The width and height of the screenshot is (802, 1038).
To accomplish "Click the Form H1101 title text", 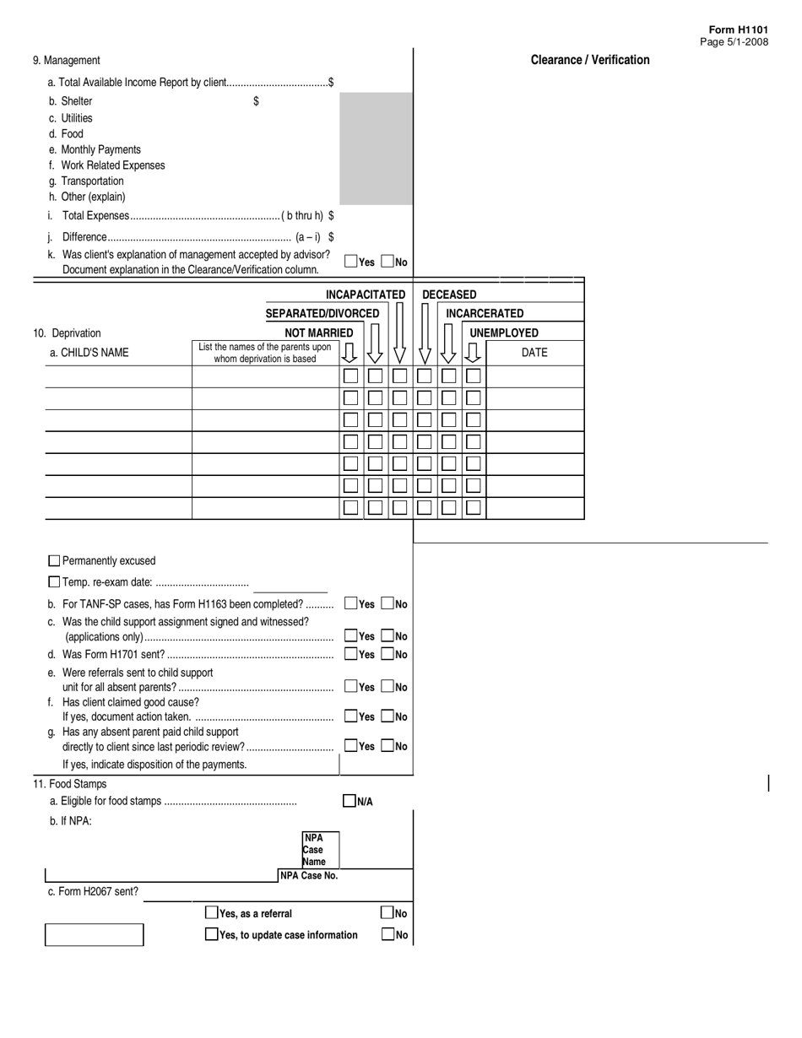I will pyautogui.click(x=738, y=30).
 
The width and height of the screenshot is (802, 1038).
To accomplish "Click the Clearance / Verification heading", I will pyautogui.click(x=590, y=60).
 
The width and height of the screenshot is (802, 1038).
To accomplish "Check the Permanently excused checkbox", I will pyautogui.click(x=55, y=560).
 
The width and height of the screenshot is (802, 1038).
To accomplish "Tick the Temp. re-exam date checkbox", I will pyautogui.click(x=55, y=581).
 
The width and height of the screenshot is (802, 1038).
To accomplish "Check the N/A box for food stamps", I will pyautogui.click(x=350, y=801).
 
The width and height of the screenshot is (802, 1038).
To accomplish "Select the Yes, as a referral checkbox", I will pyautogui.click(x=212, y=912).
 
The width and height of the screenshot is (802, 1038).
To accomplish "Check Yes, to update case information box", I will pyautogui.click(x=212, y=934).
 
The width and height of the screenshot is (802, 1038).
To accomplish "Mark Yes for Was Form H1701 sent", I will pyautogui.click(x=351, y=654).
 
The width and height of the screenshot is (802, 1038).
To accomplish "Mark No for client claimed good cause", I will pyautogui.click(x=387, y=716).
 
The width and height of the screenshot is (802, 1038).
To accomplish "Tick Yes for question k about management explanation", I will pyautogui.click(x=351, y=262).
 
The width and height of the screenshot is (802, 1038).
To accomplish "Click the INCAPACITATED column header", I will pyautogui.click(x=366, y=295).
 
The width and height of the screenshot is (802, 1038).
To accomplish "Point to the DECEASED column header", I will pyautogui.click(x=449, y=295).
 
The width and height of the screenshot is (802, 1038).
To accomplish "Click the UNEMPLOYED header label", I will pyautogui.click(x=504, y=332).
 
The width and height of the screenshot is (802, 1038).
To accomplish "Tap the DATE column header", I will pyautogui.click(x=534, y=353).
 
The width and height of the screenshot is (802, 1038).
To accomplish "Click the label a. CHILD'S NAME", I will pyautogui.click(x=89, y=353).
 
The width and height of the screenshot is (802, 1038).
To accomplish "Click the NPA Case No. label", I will pyautogui.click(x=309, y=875).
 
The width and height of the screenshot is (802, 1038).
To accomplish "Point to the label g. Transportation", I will pyautogui.click(x=86, y=181).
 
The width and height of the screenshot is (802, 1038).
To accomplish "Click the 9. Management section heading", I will pyautogui.click(x=67, y=60).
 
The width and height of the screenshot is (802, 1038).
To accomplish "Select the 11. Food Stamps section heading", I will pyautogui.click(x=70, y=784).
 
